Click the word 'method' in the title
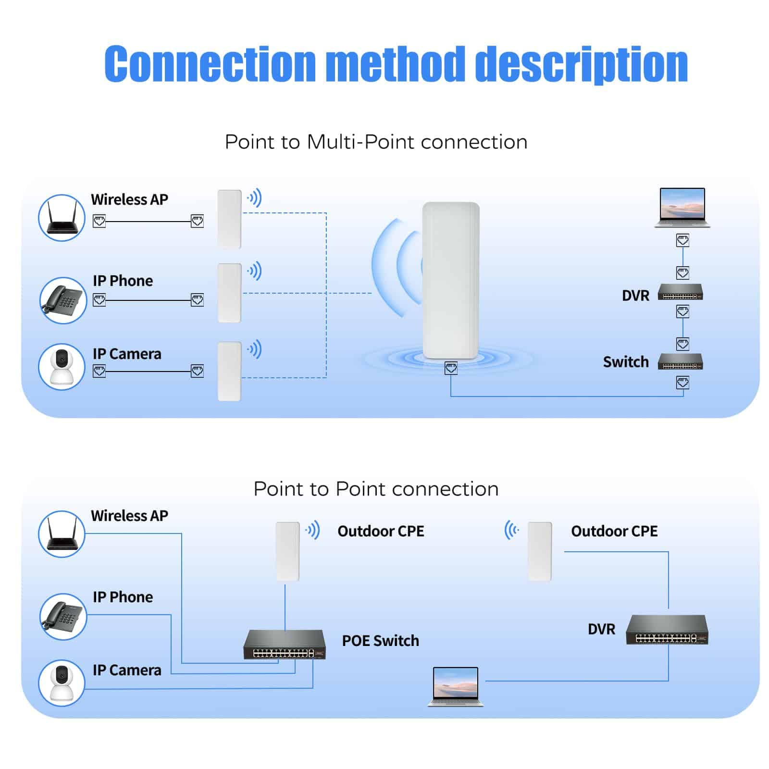click(395, 64)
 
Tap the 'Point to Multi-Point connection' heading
click(376, 142)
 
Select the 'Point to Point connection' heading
click(376, 489)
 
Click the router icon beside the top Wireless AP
click(62, 218)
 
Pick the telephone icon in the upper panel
click(62, 300)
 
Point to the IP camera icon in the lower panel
click(62, 682)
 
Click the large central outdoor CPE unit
click(450, 280)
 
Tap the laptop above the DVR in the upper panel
click(682, 207)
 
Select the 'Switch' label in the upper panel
click(626, 362)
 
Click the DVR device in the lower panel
click(667, 630)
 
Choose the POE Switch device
click(285, 645)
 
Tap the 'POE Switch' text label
click(380, 641)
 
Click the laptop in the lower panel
click(456, 686)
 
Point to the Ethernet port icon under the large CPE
click(451, 369)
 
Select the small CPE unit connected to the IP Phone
click(229, 293)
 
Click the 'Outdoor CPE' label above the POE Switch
click(381, 531)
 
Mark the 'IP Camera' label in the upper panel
click(127, 354)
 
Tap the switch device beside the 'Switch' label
click(680, 361)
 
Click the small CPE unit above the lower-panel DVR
click(539, 551)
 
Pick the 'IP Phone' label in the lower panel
click(123, 597)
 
